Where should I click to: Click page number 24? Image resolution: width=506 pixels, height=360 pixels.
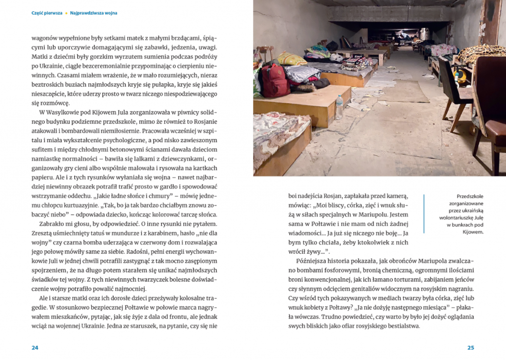[35, 348]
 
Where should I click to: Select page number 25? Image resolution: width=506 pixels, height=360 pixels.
[470, 348]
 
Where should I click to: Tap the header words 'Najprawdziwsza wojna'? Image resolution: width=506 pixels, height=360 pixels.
[93, 13]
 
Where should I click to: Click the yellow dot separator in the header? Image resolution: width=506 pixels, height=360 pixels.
[66, 13]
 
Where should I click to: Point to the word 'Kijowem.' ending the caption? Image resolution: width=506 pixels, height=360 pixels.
[470, 232]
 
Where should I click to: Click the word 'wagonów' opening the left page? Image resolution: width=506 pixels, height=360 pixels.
[46, 38]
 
